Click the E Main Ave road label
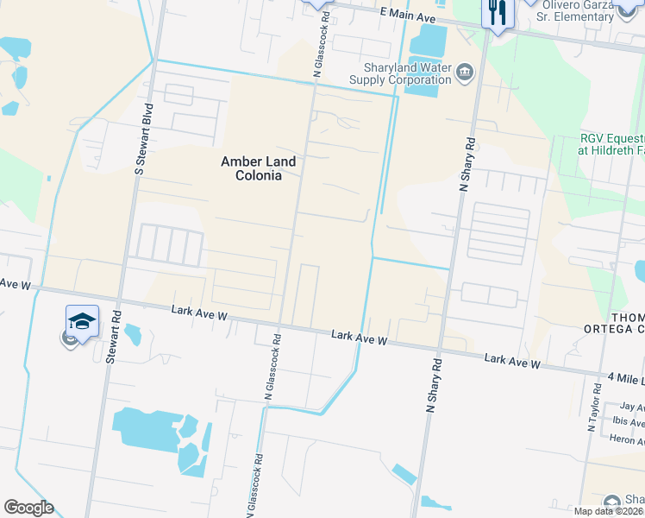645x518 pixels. (x=408, y=16)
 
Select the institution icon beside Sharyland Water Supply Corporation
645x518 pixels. (x=465, y=72)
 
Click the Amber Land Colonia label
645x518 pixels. (x=258, y=168)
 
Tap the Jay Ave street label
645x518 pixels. (x=632, y=407)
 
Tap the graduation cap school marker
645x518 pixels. (x=82, y=323)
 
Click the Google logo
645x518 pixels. (x=28, y=508)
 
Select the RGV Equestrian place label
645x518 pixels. (x=611, y=144)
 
